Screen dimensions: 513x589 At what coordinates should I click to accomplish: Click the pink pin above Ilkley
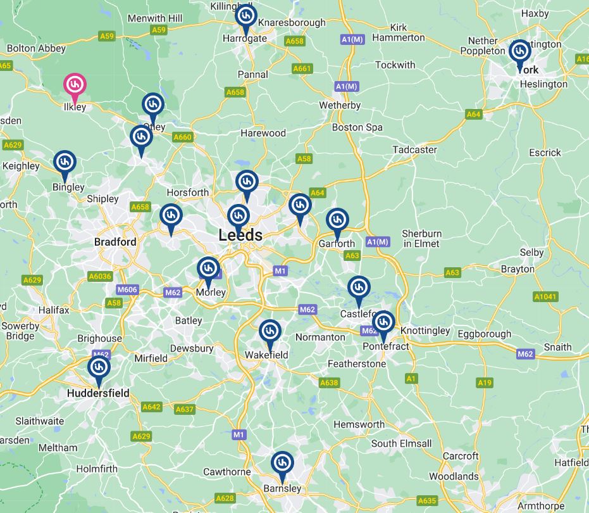[x=75, y=84]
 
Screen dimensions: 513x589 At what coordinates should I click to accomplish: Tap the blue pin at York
[x=519, y=51]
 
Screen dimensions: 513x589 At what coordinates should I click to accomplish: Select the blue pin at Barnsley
[x=282, y=462]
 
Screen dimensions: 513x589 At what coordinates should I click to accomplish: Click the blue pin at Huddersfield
[x=99, y=367]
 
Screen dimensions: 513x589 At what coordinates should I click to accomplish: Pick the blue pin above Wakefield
[x=270, y=331]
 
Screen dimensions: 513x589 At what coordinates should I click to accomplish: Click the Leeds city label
[x=240, y=235]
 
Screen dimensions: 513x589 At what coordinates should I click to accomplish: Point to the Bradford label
[x=115, y=242]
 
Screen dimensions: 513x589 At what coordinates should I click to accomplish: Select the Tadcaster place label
[x=414, y=149]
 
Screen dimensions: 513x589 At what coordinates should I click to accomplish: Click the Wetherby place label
[x=340, y=105]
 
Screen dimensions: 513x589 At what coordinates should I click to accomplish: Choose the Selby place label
[x=531, y=252]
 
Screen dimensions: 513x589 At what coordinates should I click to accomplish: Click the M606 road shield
[x=127, y=289]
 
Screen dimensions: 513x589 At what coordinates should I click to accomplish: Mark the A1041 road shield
[x=545, y=296]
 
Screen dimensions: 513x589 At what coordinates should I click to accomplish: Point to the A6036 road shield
[x=100, y=276]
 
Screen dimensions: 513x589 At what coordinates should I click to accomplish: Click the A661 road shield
[x=302, y=68]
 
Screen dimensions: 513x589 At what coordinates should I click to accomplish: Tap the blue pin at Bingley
[x=64, y=162]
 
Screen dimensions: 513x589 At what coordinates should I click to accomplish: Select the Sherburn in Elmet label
[x=422, y=239]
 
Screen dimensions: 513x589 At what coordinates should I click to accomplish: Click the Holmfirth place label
[x=97, y=469]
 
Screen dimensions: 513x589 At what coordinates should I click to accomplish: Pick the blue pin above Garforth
[x=337, y=220]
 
